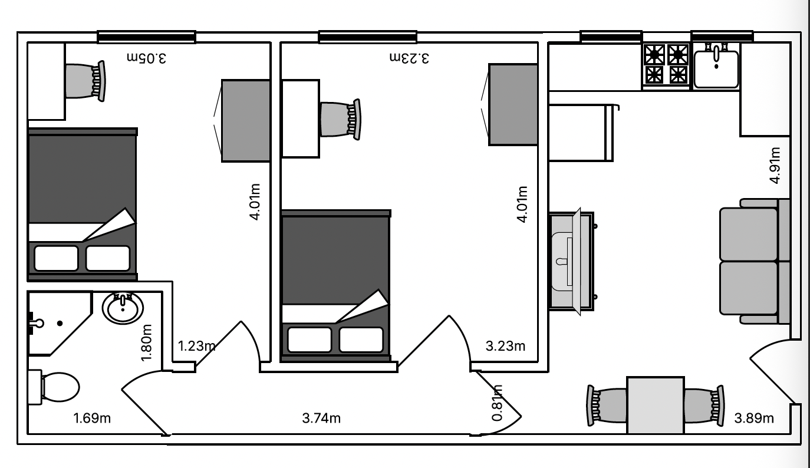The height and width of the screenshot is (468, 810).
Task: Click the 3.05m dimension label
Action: pos(146,58)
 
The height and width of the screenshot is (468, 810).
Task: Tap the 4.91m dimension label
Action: pos(775,165)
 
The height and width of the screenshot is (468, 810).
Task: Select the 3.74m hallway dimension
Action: pos(321,418)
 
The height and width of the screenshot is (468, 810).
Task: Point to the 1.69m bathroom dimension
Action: pos(92,418)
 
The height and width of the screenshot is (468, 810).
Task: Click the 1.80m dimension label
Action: pos(146,342)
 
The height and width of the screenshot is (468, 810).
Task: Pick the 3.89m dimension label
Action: pos(754,418)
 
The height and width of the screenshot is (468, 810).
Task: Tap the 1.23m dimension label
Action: pos(197,346)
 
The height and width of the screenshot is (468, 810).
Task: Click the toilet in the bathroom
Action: pos(54,387)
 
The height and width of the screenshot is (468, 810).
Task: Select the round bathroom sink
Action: pos(123,308)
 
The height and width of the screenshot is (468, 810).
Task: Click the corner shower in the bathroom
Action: pos(60,323)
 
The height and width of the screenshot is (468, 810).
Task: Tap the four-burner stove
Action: pos(666,65)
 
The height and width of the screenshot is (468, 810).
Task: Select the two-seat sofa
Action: pos(755,261)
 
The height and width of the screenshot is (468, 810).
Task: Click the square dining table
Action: pos(656,405)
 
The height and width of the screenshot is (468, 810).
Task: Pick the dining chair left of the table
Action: pos(607,405)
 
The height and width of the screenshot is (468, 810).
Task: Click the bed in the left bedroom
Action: pos(83,205)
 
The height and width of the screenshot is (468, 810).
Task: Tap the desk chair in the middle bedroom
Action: pos(340,120)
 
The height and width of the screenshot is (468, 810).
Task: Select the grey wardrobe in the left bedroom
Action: pos(245,121)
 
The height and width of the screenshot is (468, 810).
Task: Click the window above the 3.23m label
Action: pos(367,37)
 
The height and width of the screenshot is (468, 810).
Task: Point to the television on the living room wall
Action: pos(577,262)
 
